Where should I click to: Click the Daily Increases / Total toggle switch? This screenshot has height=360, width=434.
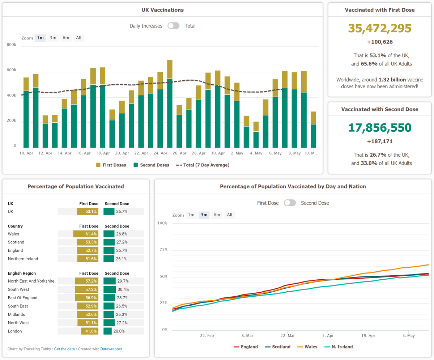coord(174,26)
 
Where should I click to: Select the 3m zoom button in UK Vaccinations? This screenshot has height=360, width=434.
coord(53,38)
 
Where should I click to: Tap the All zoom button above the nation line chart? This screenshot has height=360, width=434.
coord(229,215)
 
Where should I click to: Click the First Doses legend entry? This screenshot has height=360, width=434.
coord(111,165)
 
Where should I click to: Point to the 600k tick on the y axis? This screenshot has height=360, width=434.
coord(12,70)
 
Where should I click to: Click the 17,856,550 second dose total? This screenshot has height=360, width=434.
coord(379,128)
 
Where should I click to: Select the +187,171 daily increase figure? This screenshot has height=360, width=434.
coord(380,141)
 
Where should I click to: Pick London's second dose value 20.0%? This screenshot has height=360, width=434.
coord(119,331)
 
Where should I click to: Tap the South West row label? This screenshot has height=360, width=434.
coord(18,289)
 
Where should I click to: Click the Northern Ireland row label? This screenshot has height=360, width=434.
coord(23,259)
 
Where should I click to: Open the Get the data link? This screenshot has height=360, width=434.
coord(64,349)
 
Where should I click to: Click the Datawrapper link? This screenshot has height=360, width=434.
coord(111,349)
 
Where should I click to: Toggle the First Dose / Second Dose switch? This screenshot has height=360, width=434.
coord(290,203)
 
